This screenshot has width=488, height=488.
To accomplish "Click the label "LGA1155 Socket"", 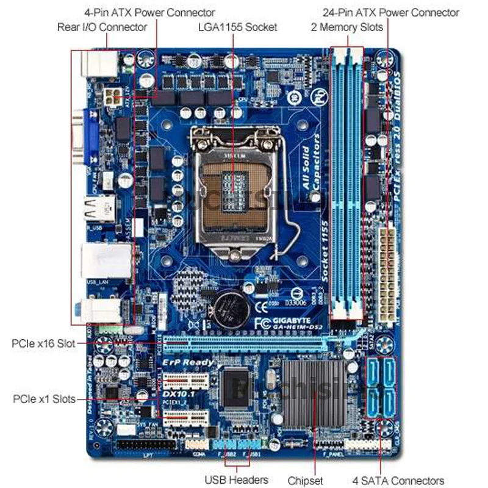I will (237, 27).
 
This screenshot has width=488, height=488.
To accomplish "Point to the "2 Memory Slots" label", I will (347, 27).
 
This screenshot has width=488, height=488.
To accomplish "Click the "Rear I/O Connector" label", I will (102, 27).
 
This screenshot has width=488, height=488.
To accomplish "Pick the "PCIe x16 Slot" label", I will (43, 343).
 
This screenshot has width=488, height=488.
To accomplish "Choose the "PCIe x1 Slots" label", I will (44, 399).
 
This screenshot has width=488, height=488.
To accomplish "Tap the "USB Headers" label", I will (236, 480).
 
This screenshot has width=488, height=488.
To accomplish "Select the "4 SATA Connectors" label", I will (398, 480).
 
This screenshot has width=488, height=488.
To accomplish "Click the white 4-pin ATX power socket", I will (112, 96).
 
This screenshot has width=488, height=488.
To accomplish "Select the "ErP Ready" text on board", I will (188, 362).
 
